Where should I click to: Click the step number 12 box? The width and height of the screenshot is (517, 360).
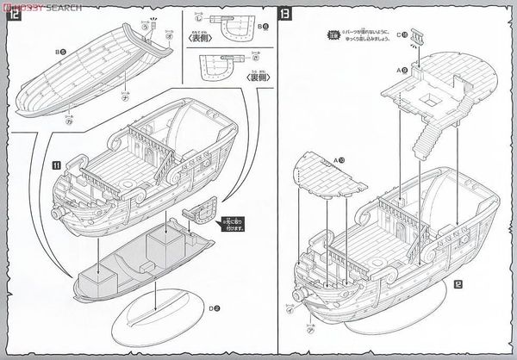click(14, 16)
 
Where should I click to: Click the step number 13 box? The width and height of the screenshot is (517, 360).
click(285, 16)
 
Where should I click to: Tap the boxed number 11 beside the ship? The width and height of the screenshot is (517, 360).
click(58, 162)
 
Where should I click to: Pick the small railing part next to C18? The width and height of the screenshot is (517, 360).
click(420, 35)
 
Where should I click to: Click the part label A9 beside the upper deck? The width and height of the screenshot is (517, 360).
click(402, 68)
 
